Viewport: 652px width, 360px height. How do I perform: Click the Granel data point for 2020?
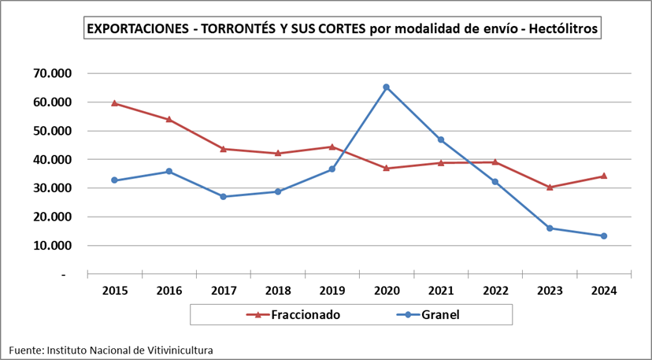[x=386, y=87]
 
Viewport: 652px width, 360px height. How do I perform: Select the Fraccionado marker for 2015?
[x=114, y=102]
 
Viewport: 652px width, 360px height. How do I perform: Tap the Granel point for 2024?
[x=604, y=236]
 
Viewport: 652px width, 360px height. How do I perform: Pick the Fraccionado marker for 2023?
[x=550, y=187]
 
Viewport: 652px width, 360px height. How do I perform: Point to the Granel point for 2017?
[x=223, y=196]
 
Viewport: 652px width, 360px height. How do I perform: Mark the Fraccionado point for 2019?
[x=332, y=147]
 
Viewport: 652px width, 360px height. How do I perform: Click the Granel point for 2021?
[x=440, y=139]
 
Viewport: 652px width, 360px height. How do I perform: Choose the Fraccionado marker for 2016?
[x=169, y=119]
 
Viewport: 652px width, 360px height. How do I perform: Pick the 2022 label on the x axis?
[x=495, y=291]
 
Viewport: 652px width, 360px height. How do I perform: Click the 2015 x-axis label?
[x=114, y=291]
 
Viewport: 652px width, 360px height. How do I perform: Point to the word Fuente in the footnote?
[x=25, y=349]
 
